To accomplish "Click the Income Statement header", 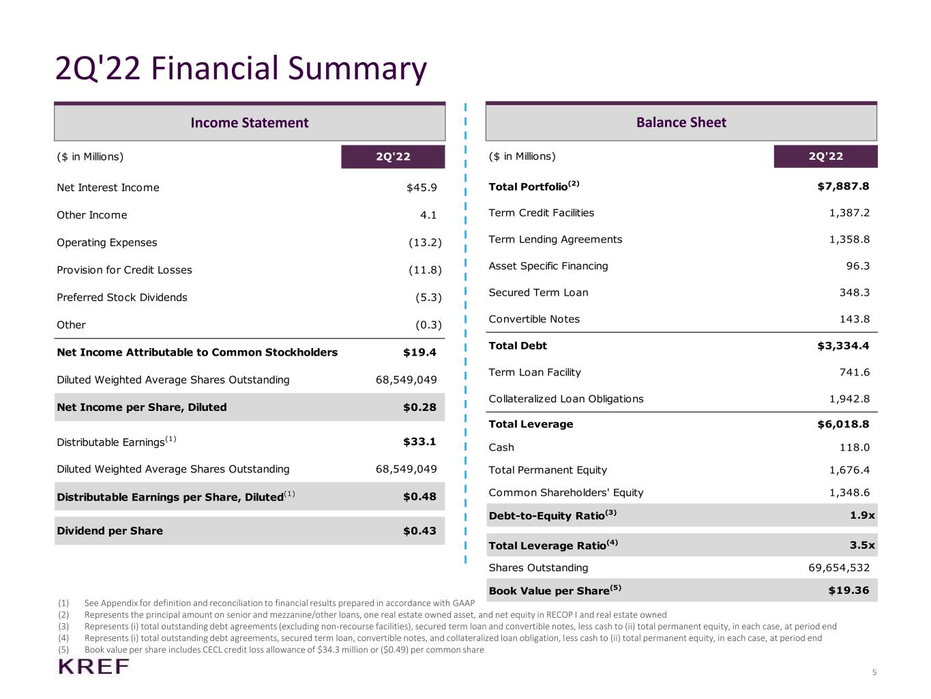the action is [x=250, y=123].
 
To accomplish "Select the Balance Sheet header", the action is [x=681, y=122].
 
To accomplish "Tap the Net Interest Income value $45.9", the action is [x=422, y=188].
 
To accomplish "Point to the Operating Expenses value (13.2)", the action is [x=425, y=242].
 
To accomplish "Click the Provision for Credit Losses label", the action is [x=124, y=270].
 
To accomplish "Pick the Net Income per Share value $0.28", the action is [x=419, y=408].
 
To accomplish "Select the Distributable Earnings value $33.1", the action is [x=419, y=442].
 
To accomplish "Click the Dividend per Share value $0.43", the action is [x=419, y=531].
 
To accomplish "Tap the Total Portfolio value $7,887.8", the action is [x=843, y=186].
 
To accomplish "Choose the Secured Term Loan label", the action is [x=538, y=292].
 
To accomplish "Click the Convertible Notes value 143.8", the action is [x=855, y=319].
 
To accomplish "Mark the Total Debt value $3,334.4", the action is [x=843, y=346].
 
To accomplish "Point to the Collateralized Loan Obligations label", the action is [x=566, y=399].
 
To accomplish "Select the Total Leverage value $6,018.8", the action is [x=843, y=424].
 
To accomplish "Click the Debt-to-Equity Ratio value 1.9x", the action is [x=862, y=515].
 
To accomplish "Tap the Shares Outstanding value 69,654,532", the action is [x=839, y=568].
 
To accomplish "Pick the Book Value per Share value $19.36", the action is [x=848, y=590].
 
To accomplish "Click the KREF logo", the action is [x=93, y=667].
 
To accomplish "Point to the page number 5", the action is [x=874, y=672].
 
